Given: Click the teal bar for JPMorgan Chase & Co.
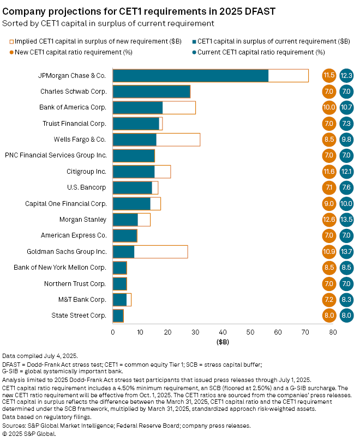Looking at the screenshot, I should click(190, 76).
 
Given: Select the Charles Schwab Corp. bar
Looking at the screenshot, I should click(151, 92).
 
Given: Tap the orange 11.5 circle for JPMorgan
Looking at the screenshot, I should click(329, 76).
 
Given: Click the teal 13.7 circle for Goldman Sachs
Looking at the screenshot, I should click(346, 252).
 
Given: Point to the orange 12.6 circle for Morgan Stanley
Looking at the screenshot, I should click(329, 220).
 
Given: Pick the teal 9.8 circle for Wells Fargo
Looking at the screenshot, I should click(346, 139).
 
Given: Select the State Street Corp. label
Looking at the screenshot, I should click(79, 315).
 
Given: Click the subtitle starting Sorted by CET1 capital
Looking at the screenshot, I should click(108, 23).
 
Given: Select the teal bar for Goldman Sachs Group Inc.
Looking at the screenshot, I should click(123, 252).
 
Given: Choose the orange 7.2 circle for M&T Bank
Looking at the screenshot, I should click(329, 300).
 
